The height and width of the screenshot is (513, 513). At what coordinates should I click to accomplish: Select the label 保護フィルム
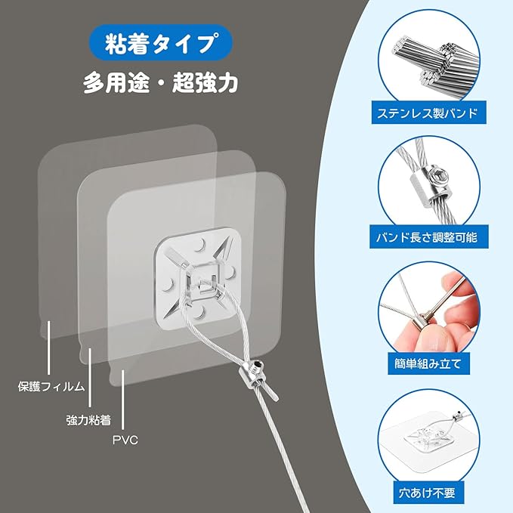(x=51, y=387)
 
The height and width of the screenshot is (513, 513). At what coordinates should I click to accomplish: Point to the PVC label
(x=125, y=439)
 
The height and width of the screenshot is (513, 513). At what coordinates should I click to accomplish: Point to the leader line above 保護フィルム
(x=48, y=348)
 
